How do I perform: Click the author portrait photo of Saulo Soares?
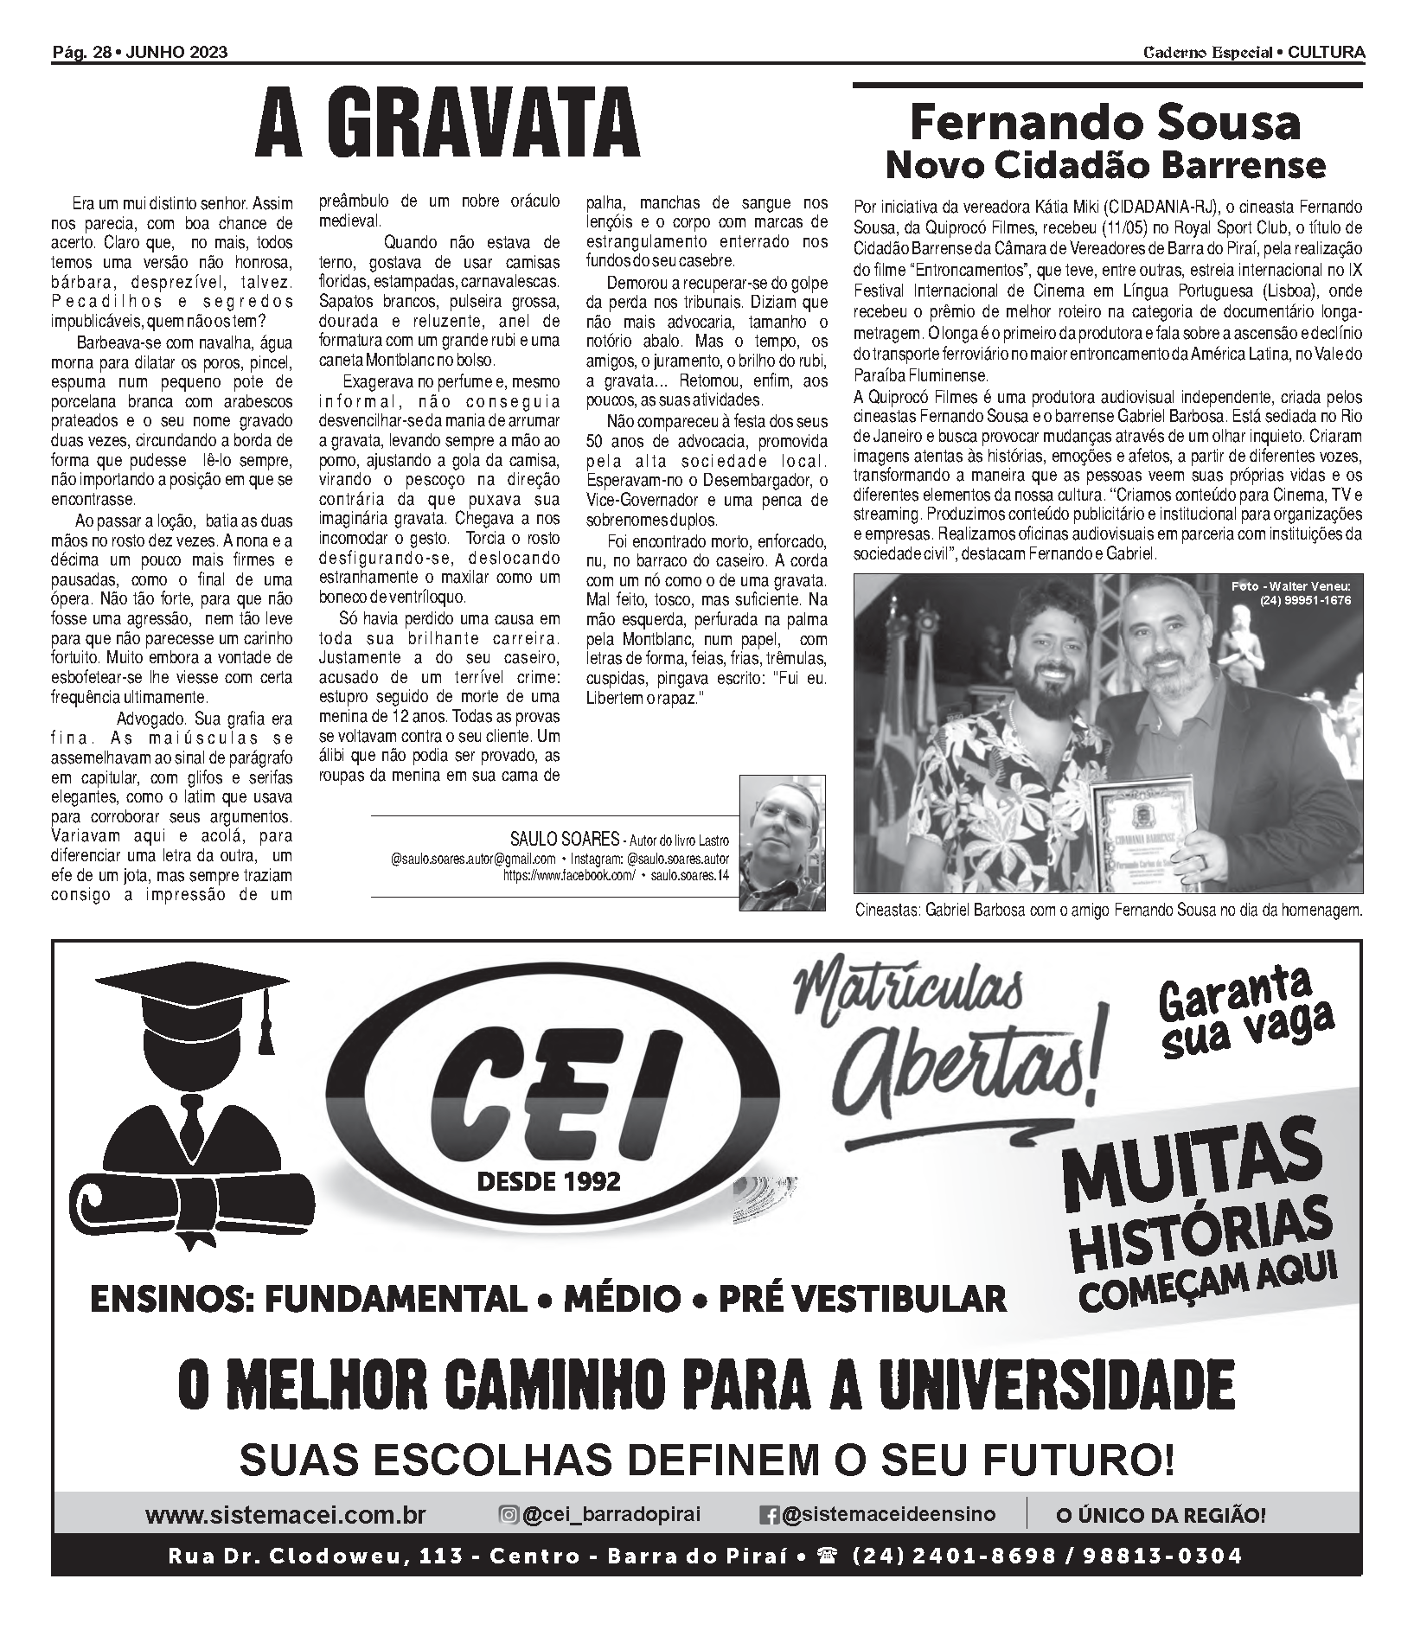[x=782, y=842]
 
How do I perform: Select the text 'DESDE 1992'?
[x=548, y=1181]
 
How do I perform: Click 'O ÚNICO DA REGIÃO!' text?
[x=1161, y=1515]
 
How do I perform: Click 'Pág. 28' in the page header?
[x=82, y=53]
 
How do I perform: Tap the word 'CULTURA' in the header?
[x=1326, y=53]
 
